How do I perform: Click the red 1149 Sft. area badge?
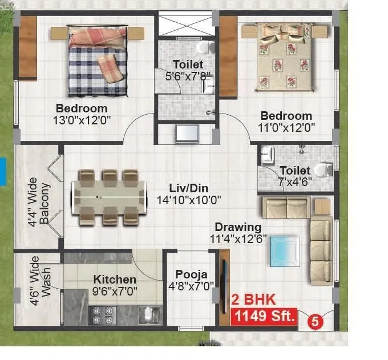(x=263, y=316)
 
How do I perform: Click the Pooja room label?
(x=187, y=274)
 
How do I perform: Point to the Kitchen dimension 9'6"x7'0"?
(x=115, y=290)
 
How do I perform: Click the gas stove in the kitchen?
(x=102, y=315)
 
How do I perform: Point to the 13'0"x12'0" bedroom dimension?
(x=82, y=120)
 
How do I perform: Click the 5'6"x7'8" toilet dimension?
(x=188, y=75)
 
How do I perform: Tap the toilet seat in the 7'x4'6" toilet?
(x=324, y=170)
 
